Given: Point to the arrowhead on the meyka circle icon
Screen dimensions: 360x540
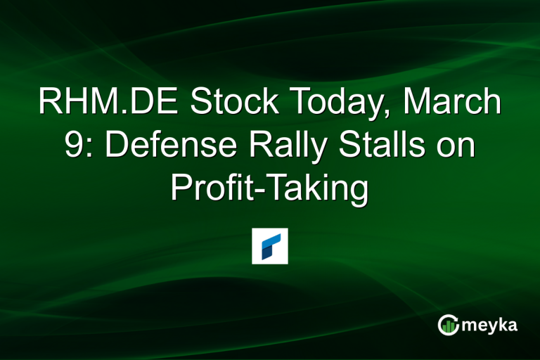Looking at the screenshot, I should (456, 318).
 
